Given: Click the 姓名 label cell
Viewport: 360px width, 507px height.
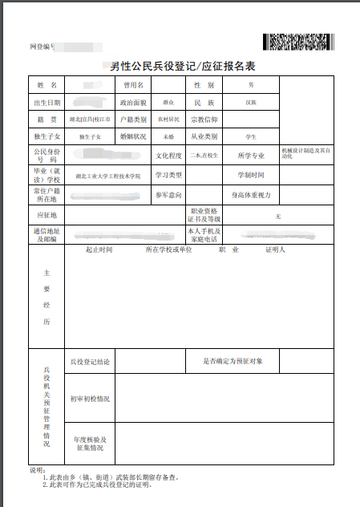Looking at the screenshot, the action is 47,84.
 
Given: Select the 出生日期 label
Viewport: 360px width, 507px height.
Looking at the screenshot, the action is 47,103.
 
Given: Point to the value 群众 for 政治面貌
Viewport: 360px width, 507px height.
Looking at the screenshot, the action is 168,103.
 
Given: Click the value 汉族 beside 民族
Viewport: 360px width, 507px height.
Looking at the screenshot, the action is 251,103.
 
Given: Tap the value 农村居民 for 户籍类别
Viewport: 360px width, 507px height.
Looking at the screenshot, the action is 168,120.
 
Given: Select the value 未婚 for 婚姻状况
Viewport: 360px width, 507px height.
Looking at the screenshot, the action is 168,136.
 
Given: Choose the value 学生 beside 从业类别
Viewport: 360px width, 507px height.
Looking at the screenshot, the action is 251,136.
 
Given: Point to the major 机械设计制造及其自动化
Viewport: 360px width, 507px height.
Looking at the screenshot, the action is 305,152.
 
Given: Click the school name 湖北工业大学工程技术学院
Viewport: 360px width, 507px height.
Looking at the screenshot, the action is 107,176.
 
